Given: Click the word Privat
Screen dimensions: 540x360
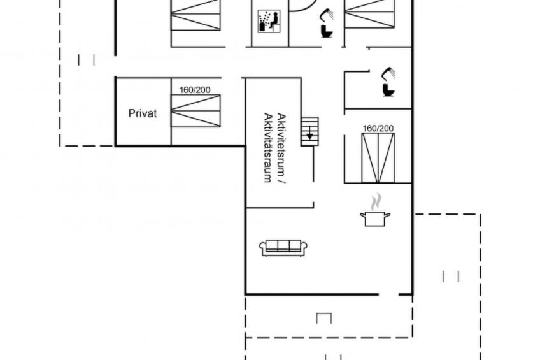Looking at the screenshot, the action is pos(142,113).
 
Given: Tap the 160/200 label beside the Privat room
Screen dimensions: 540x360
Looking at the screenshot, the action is pos(195,90).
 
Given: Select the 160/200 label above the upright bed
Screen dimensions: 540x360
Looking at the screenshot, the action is pos(378,129).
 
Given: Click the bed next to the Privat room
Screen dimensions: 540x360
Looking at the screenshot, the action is pos(195,111).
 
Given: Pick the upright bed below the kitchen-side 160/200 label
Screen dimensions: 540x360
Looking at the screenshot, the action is pos(378,158).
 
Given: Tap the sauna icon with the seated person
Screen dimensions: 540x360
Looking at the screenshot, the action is pos(269,22).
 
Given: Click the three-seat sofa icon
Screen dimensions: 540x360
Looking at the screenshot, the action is pos(283,248).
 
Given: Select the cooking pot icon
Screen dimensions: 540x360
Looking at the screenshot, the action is pos(375,219).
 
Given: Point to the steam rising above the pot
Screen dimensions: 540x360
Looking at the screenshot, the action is pos(376,201).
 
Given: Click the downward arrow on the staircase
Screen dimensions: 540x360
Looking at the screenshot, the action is pos(309,133).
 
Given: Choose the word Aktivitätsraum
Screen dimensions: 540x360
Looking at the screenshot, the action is pos(268,147).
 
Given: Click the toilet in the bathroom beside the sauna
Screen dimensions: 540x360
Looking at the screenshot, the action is pos(327,31).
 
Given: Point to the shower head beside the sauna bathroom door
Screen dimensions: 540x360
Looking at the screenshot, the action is pos(327,15).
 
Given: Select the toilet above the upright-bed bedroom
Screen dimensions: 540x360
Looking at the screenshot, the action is pos(388,90).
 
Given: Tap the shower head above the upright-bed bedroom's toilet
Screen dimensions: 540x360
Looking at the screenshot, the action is pos(388,73).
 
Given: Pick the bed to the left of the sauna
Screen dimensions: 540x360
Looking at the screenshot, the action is pos(195,15).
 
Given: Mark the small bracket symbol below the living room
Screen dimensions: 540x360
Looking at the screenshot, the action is pos(323,317).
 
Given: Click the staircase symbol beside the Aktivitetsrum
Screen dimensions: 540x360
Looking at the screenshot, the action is pos(309,131).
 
